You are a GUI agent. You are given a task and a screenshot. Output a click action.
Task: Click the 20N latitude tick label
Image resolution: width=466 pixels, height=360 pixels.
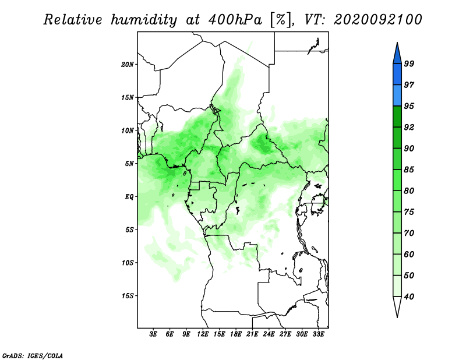(x=128, y=64)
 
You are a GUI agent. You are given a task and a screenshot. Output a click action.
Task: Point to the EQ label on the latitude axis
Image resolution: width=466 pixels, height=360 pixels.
(x=129, y=196)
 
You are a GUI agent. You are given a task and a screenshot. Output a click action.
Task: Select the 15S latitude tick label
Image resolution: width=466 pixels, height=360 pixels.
(x=128, y=296)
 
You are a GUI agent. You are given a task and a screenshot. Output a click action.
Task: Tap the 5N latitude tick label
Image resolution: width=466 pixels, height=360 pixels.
(x=129, y=164)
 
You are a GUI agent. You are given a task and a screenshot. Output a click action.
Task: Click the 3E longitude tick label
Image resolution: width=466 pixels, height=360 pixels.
(x=153, y=334)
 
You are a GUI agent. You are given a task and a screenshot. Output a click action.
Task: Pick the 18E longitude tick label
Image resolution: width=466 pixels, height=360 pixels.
(x=235, y=334)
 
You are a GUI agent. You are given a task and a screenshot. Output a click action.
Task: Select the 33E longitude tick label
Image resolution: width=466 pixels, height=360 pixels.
(x=318, y=334)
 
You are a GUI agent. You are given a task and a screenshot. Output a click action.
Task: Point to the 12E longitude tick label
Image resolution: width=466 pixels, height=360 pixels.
(x=203, y=334)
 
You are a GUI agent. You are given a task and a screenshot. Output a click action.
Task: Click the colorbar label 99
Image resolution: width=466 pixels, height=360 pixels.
(x=409, y=63)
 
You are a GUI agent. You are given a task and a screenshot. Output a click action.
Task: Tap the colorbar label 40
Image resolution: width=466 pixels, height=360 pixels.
(x=409, y=297)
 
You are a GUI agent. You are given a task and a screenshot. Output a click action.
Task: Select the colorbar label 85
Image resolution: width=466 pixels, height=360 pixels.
(x=409, y=170)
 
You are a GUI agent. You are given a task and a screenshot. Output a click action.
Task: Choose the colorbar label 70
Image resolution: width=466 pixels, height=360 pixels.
(x=409, y=233)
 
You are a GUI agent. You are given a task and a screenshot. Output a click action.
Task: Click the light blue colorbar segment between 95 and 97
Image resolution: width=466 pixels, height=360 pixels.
(x=397, y=96)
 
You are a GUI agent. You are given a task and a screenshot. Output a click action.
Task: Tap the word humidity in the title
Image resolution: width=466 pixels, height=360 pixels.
(x=144, y=20)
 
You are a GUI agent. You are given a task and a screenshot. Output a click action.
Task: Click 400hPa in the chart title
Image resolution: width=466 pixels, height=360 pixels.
(x=235, y=20)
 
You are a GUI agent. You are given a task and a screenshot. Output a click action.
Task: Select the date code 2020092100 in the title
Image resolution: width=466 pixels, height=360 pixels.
(x=377, y=20)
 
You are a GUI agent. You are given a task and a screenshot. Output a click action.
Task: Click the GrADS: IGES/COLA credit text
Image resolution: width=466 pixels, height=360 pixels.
(x=33, y=356)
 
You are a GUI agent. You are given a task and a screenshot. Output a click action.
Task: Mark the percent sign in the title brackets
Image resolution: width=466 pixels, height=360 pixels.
(x=281, y=20)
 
